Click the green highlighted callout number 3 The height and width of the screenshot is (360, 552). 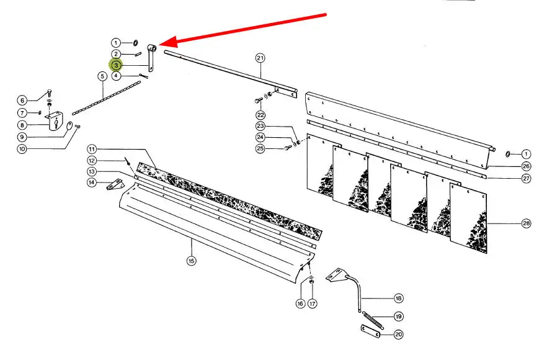pyautogui.click(x=116, y=65)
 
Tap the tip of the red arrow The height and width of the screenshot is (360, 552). pyautogui.click(x=159, y=45)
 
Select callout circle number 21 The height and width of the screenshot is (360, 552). pyautogui.click(x=260, y=58)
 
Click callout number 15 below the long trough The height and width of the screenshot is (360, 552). pyautogui.click(x=191, y=261)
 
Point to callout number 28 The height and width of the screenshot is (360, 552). pyautogui.click(x=526, y=223)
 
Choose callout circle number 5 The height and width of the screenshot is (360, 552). pyautogui.click(x=102, y=76)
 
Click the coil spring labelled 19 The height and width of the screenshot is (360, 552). pyautogui.click(x=373, y=320)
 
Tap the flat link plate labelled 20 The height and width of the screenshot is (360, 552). pyautogui.click(x=371, y=331)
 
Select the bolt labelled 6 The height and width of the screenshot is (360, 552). pyautogui.click(x=49, y=94)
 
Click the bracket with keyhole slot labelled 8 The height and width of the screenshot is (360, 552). pyautogui.click(x=55, y=121)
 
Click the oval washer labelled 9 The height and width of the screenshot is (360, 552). pyautogui.click(x=69, y=126)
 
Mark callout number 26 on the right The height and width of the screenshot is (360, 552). pyautogui.click(x=526, y=166)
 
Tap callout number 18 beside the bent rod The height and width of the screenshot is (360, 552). pyautogui.click(x=398, y=298)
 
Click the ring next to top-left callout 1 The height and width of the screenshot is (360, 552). pyautogui.click(x=135, y=43)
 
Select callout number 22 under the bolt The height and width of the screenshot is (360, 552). pyautogui.click(x=260, y=115)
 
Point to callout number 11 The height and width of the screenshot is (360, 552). pyautogui.click(x=92, y=149)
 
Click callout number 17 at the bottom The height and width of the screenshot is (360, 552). pyautogui.click(x=312, y=303)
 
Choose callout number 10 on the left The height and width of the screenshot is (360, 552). pyautogui.click(x=22, y=148)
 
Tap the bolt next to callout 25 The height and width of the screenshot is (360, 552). pyautogui.click(x=288, y=148)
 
